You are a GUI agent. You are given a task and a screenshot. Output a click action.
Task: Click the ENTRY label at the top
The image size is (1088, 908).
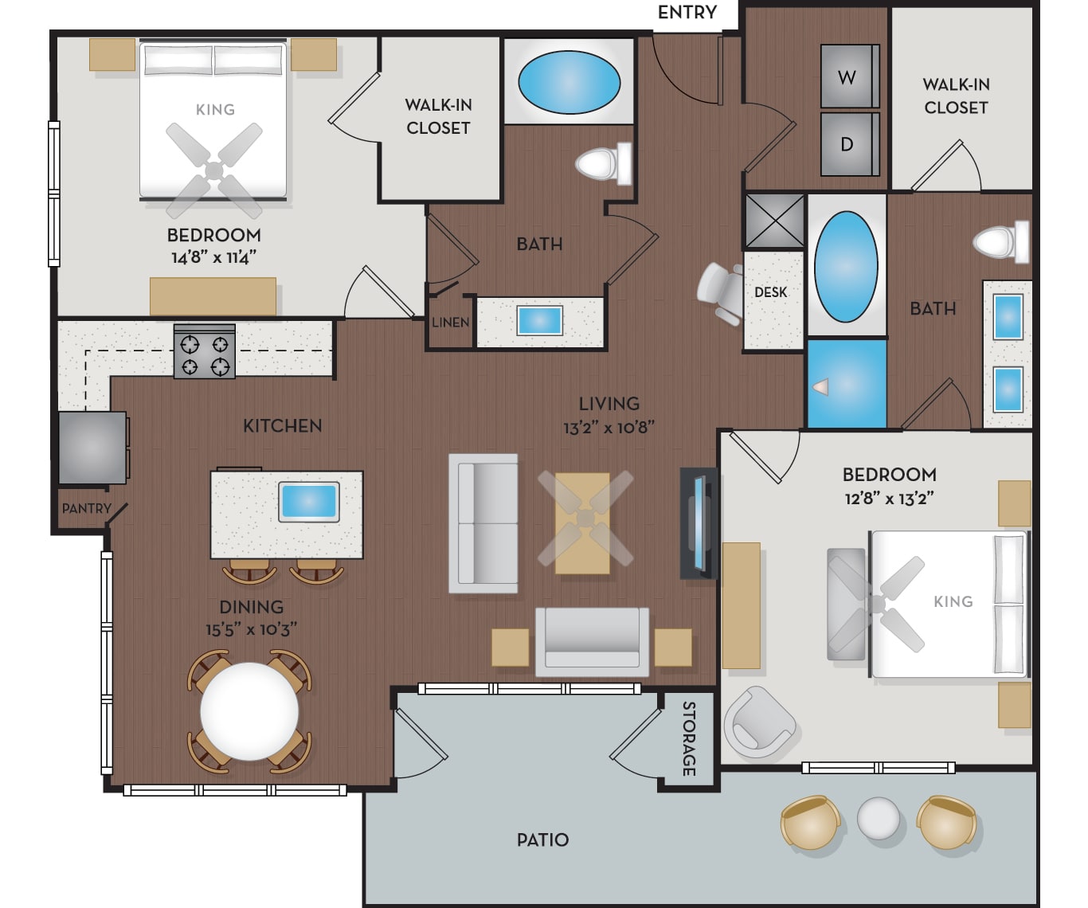[x=687, y=12]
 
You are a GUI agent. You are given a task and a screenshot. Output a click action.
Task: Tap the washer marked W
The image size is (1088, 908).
[x=850, y=76]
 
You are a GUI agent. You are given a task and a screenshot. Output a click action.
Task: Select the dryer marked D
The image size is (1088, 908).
[x=850, y=144]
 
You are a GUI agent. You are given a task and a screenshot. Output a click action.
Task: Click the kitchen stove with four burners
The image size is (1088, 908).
[x=204, y=351]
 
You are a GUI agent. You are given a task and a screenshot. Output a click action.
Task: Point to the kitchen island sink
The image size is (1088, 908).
[x=309, y=502]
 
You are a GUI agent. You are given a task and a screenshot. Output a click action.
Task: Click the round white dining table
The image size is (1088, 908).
[x=249, y=711]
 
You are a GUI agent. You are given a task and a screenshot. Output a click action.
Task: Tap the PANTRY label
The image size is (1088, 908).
[x=87, y=508]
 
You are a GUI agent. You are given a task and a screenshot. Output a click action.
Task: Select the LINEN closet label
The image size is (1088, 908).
[x=450, y=323]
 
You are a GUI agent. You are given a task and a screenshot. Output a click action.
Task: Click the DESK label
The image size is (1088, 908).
[x=771, y=292]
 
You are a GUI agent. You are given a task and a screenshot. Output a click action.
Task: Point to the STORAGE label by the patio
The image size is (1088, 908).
[x=689, y=738]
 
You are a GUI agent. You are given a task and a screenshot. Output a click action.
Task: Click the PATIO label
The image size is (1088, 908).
[x=542, y=840]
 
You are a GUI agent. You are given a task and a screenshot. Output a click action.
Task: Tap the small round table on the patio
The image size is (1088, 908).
[x=879, y=818]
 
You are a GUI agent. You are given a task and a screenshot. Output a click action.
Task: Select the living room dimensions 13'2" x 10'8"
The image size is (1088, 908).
[x=609, y=428]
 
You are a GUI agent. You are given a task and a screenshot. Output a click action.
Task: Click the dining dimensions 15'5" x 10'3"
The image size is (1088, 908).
[x=251, y=630]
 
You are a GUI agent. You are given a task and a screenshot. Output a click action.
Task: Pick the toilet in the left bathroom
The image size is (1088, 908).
[x=604, y=163]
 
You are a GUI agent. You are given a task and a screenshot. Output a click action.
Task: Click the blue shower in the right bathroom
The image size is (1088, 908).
[x=847, y=384]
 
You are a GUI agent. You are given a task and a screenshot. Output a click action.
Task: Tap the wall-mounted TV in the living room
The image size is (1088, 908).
[x=699, y=522]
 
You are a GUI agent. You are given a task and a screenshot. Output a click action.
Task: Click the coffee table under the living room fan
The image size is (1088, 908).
[x=582, y=523]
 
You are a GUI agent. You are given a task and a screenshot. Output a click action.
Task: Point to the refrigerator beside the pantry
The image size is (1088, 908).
[x=92, y=448]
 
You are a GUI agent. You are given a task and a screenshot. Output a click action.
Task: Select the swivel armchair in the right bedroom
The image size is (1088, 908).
[x=759, y=722]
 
